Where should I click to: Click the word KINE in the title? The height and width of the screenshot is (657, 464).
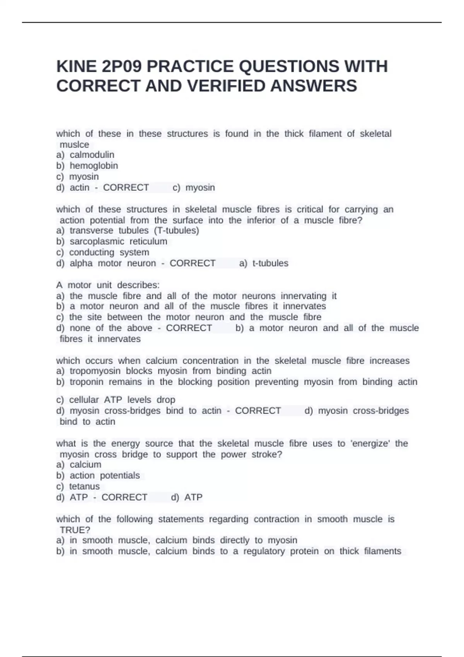tap(76, 66)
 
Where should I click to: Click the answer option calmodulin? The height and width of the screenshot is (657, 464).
tap(92, 155)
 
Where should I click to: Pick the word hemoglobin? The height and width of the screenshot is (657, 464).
tap(94, 166)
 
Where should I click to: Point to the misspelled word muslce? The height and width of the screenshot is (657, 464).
tap(74, 145)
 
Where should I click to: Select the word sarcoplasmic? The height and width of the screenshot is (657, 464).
tap(97, 242)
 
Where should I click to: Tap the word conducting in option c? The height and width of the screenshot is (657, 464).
tap(92, 252)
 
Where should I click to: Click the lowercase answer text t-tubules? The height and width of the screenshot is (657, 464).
tap(270, 263)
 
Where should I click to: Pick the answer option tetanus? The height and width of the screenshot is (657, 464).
tap(84, 487)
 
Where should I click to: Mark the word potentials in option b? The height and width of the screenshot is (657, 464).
tap(120, 476)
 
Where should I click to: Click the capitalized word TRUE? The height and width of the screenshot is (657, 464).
tap(75, 530)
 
